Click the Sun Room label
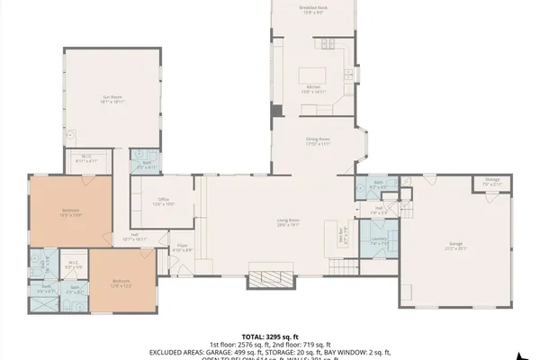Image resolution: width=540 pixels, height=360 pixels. (x=112, y=101)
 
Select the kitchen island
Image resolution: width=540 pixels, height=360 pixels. (x=315, y=73)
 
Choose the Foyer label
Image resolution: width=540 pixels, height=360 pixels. (x=183, y=247)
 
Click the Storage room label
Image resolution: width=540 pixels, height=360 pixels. (x=491, y=182)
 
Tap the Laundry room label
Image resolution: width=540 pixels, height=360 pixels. (x=379, y=240)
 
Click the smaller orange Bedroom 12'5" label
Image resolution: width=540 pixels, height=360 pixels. (x=122, y=283)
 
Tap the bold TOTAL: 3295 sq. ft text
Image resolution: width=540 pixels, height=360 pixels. (x=270, y=335)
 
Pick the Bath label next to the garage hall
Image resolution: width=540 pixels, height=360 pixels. (x=379, y=184)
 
